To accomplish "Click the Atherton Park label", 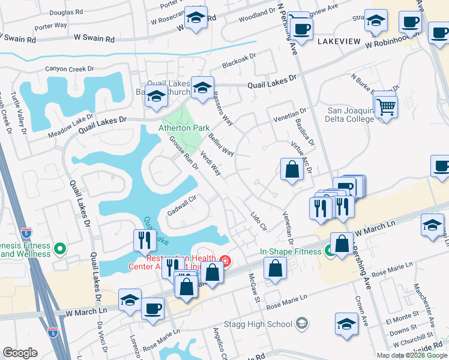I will [x=184, y=128].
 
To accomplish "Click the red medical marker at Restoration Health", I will [x=224, y=260].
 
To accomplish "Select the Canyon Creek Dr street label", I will [x=71, y=69].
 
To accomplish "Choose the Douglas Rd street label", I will [x=66, y=12].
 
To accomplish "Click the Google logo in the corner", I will [x=20, y=353].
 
